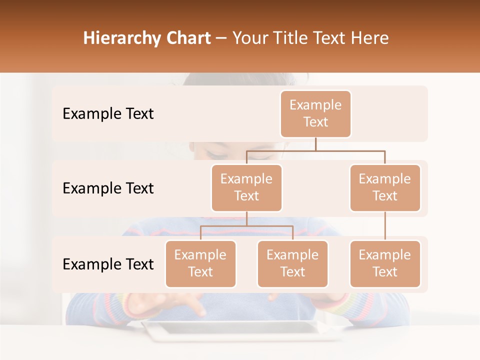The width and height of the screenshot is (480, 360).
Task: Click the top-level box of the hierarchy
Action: [315, 114]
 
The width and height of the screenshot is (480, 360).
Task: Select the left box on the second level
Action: [246, 188]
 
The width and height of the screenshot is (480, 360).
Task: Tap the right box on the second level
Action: [385, 188]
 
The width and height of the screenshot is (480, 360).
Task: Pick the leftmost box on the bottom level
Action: [200, 264]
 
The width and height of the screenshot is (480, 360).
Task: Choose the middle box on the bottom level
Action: [292, 264]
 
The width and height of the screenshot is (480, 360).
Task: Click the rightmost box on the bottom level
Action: [385, 264]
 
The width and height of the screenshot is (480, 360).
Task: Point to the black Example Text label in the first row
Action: [108, 114]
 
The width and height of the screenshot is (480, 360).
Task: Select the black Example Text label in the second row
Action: [108, 188]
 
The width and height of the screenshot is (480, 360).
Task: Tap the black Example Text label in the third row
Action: [108, 264]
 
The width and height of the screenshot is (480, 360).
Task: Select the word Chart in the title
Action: [186, 38]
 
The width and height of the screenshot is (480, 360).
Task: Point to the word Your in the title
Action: [248, 38]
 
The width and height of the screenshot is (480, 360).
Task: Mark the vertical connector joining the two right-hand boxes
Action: [385, 226]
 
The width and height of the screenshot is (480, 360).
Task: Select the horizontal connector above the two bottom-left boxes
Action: [246, 226]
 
